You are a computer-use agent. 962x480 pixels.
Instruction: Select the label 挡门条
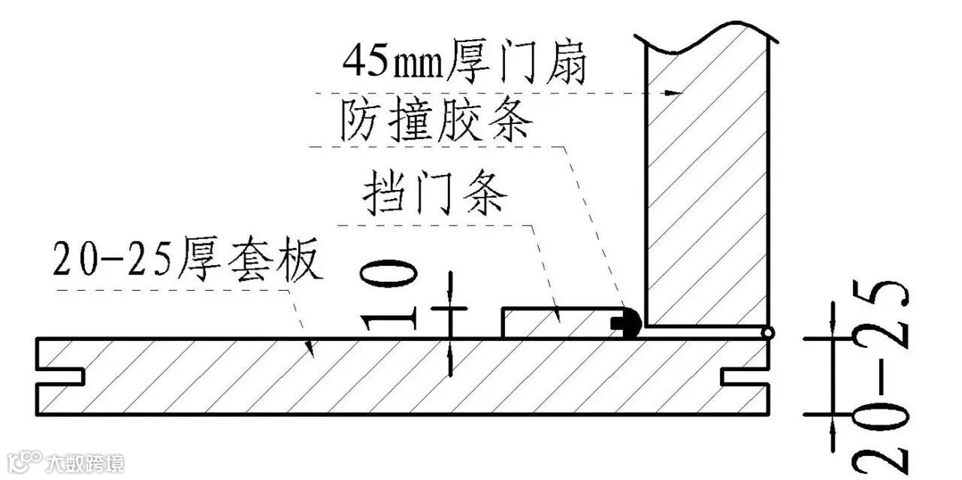pyautogui.click(x=435, y=193)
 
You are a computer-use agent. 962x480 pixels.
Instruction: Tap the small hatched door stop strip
pyautogui.click(x=560, y=322)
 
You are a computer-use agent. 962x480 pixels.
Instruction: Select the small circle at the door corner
pyautogui.click(x=767, y=334)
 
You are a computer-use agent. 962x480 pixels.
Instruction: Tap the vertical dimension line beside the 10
pyautogui.click(x=450, y=323)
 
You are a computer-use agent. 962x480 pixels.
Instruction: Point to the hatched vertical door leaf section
pyautogui.click(x=706, y=188)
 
